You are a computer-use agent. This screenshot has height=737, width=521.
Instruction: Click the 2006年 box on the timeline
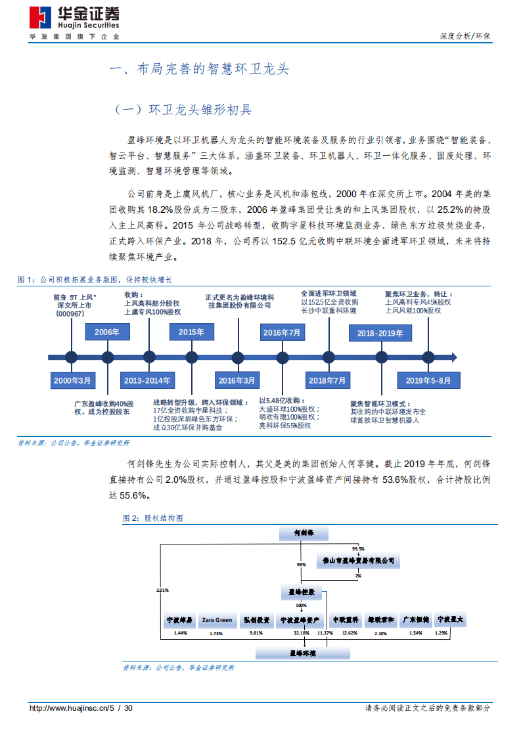[x=106, y=332]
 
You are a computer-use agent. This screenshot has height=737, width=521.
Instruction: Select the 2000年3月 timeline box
[x=73, y=380]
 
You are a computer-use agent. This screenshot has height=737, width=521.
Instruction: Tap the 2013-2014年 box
[x=149, y=380]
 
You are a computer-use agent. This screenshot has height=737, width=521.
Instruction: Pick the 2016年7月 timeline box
[x=282, y=332]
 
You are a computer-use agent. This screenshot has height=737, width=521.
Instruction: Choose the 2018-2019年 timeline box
[x=380, y=333]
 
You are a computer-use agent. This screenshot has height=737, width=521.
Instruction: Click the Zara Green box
[x=217, y=619]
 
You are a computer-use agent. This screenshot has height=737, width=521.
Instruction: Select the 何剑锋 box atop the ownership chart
[x=303, y=533]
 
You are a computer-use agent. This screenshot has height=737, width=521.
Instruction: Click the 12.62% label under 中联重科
[x=350, y=633]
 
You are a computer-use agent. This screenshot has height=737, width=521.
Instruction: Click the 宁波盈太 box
[x=451, y=619]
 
